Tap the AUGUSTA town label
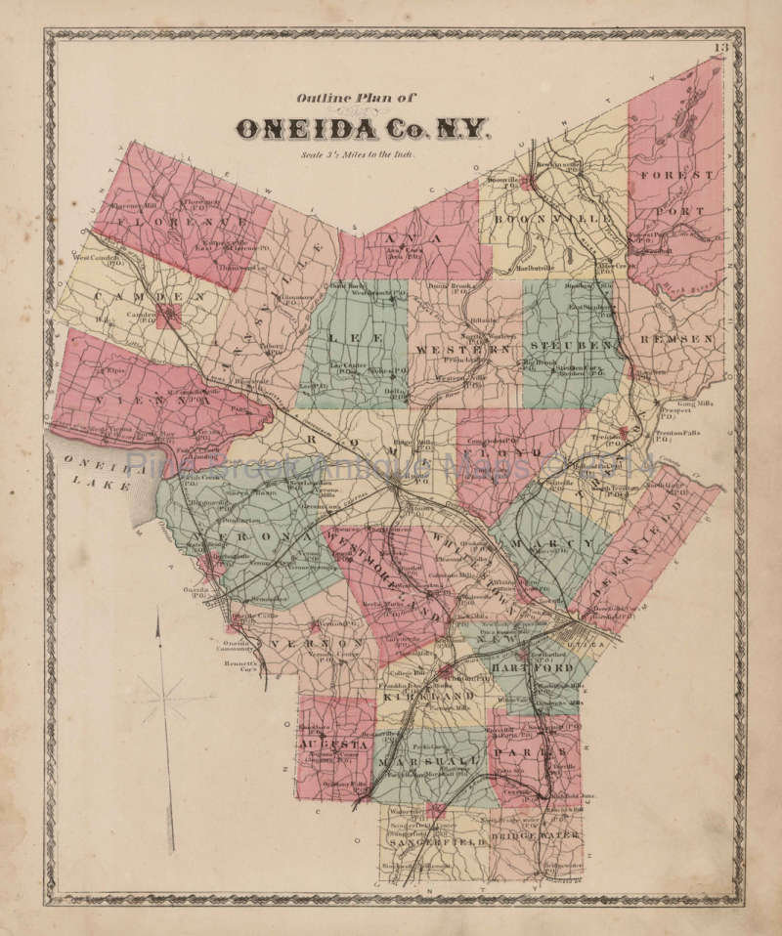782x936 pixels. pyautogui.click(x=334, y=744)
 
